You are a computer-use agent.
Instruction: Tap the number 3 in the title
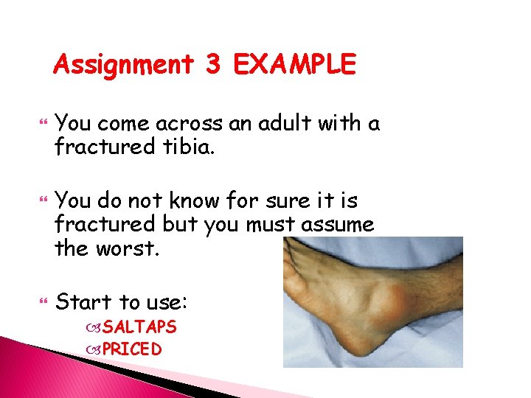click(x=212, y=66)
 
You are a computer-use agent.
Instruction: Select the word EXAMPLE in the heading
click(x=294, y=66)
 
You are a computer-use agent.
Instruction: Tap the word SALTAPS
click(x=139, y=327)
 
